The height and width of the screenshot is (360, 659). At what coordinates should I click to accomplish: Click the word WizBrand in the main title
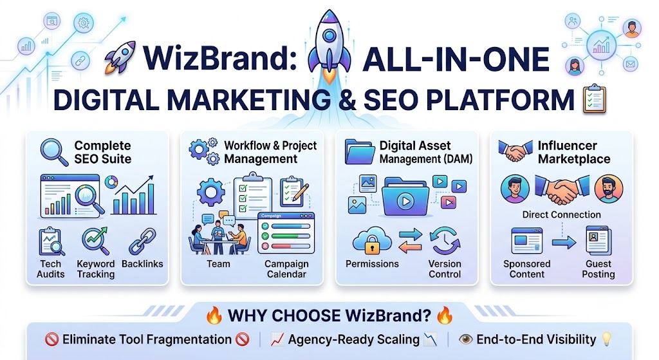click(x=220, y=58)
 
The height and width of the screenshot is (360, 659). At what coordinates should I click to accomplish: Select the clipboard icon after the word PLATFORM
click(x=594, y=99)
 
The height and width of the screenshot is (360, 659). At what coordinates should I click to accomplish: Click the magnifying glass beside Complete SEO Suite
click(x=54, y=152)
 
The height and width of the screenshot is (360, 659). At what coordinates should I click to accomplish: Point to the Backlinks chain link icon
click(x=142, y=242)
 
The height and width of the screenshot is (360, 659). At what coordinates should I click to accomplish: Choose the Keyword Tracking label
click(x=96, y=269)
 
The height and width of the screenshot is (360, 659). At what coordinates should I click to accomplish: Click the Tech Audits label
click(x=50, y=269)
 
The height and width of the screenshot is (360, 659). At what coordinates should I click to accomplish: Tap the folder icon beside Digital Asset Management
click(x=359, y=152)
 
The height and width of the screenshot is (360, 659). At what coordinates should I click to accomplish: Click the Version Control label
click(x=445, y=269)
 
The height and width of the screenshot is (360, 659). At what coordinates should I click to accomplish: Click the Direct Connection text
click(x=561, y=214)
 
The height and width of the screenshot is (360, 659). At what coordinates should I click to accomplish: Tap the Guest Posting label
click(x=599, y=269)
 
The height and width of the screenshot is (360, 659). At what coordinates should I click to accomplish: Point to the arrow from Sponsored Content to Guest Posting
click(x=564, y=242)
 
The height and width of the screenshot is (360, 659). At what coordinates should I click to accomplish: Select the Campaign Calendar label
click(x=286, y=269)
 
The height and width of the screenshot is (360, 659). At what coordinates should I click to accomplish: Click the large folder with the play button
click(x=405, y=197)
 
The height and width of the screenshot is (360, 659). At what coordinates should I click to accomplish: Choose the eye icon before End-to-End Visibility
click(x=466, y=339)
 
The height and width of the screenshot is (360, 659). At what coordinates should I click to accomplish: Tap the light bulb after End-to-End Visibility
click(x=606, y=339)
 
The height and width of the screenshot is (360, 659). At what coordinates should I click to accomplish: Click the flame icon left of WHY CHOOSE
click(x=214, y=315)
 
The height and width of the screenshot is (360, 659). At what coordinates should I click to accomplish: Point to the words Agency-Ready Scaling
click(x=353, y=340)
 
